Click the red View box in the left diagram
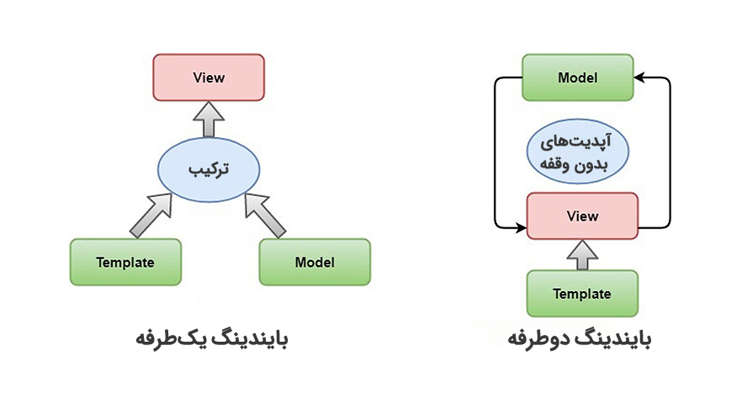[209, 78]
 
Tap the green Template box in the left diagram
[125, 262]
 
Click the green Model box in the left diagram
[315, 262]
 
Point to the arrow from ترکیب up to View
[209, 120]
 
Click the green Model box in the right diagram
[578, 78]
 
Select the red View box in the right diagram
[582, 216]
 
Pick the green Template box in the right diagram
[582, 294]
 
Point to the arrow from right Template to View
[582, 254]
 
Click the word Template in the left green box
[125, 262]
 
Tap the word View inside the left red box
[209, 78]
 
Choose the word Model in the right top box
[578, 78]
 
